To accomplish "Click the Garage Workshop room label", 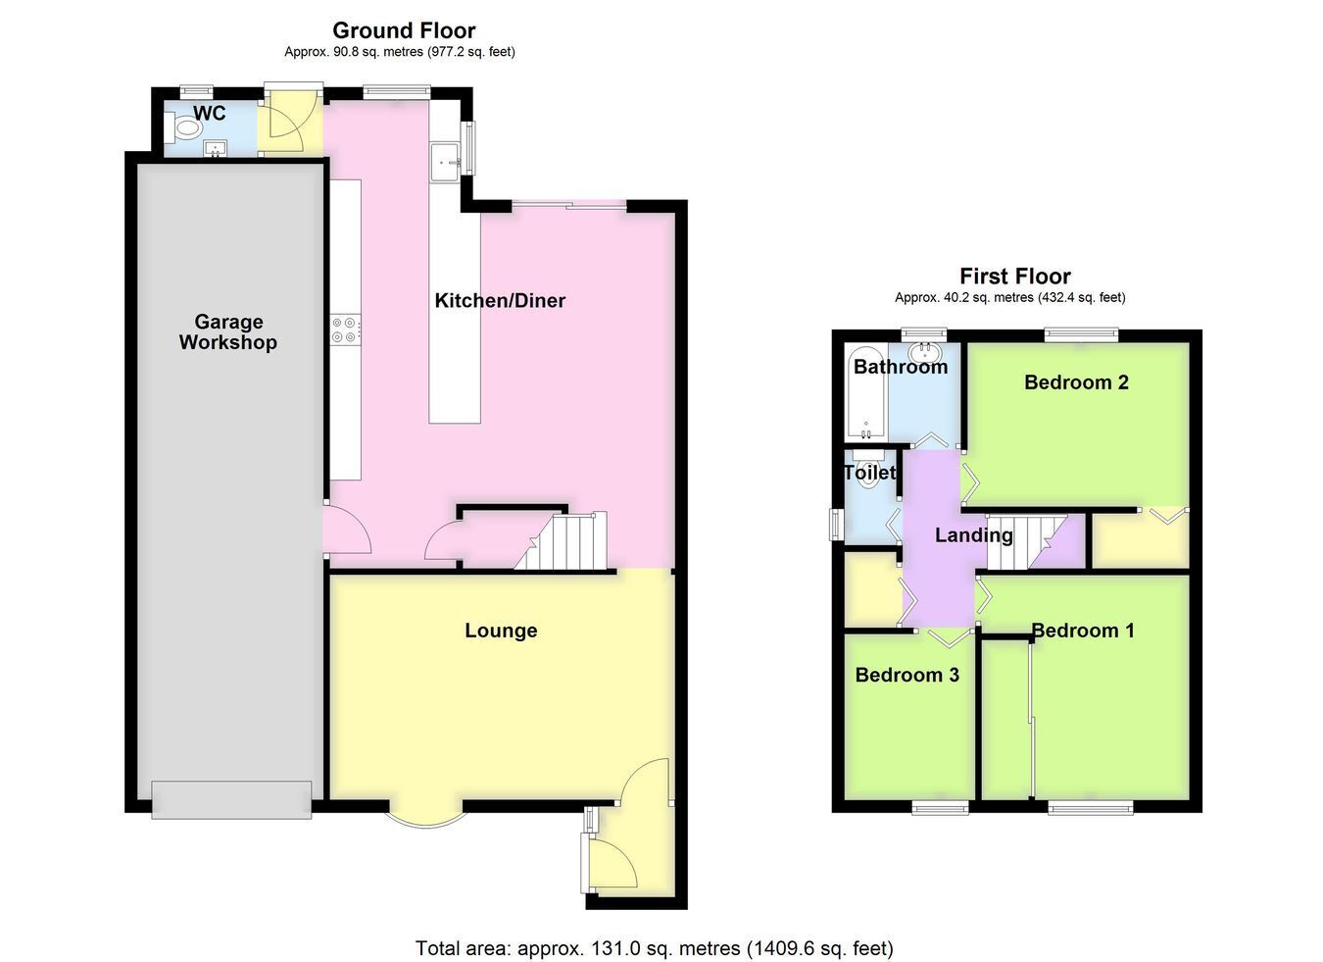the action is pyautogui.click(x=228, y=332).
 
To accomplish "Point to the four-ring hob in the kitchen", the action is pyautogui.click(x=344, y=330).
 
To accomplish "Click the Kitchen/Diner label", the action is pyautogui.click(x=500, y=301).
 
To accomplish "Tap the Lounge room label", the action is pyautogui.click(x=501, y=631).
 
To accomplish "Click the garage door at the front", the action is pyautogui.click(x=231, y=800).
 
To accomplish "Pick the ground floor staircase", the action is pyautogui.click(x=563, y=541).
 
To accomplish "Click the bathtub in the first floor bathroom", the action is pyautogui.click(x=866, y=393).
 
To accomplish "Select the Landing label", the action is pyautogui.click(x=974, y=535).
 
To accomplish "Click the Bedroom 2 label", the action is pyautogui.click(x=1076, y=382).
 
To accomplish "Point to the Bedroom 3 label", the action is pyautogui.click(x=907, y=675).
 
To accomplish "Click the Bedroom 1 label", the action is pyautogui.click(x=1083, y=631).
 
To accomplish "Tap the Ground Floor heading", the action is pyautogui.click(x=404, y=30).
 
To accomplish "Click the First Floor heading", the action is pyautogui.click(x=1014, y=276).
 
